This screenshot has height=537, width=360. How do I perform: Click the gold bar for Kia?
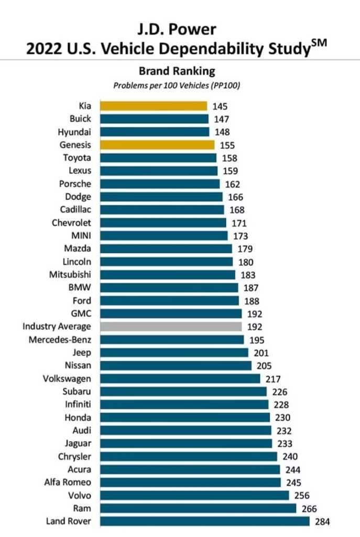[x=153, y=106]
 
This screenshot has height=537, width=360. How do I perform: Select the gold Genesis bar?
[x=157, y=145]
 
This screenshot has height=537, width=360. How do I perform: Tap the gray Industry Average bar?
[x=170, y=326]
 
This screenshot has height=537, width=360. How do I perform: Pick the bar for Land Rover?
[x=204, y=521]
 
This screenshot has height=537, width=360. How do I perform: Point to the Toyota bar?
[x=158, y=158]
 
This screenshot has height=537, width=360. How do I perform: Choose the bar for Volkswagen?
[x=180, y=378]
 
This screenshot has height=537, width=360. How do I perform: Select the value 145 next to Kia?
[x=220, y=106]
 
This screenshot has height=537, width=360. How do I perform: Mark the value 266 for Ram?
[x=309, y=508]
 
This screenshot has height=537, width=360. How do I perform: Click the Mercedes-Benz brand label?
[x=60, y=339]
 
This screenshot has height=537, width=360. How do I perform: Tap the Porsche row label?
[x=76, y=184]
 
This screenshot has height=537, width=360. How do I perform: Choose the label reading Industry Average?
[x=57, y=326]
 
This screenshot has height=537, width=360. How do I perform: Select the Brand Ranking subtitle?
[x=177, y=71]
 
